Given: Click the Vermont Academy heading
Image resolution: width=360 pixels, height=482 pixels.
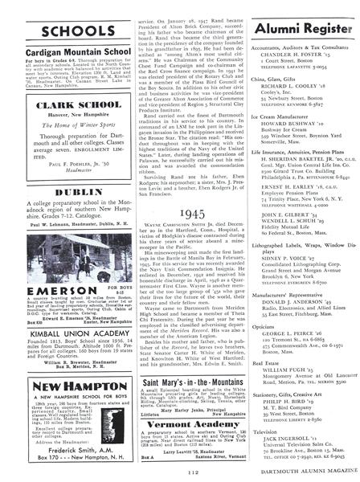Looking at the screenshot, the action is tap(178, 423).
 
